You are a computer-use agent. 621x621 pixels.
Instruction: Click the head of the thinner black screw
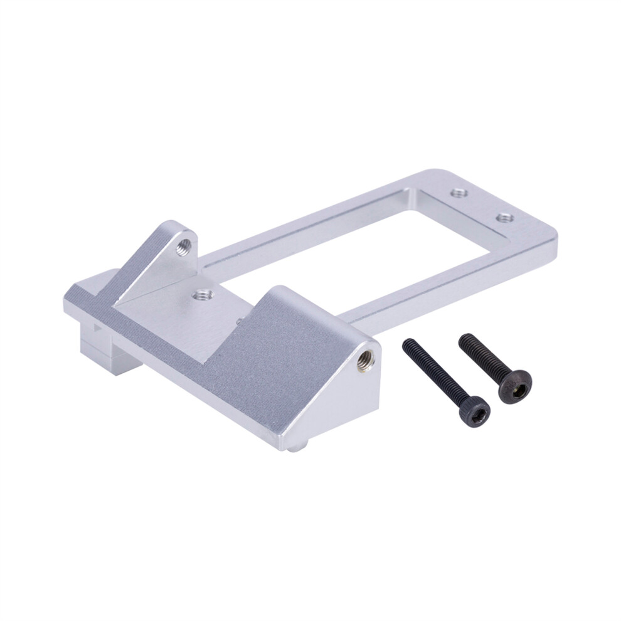point(475,412)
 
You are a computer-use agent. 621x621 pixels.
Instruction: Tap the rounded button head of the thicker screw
point(515,386)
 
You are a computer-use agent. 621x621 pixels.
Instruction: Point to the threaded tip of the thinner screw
point(408,344)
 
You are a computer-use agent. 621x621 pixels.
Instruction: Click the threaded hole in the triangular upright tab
point(183,245)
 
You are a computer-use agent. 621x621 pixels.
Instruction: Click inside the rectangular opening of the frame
point(351,251)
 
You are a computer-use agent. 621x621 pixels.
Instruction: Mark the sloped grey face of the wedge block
point(276,364)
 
